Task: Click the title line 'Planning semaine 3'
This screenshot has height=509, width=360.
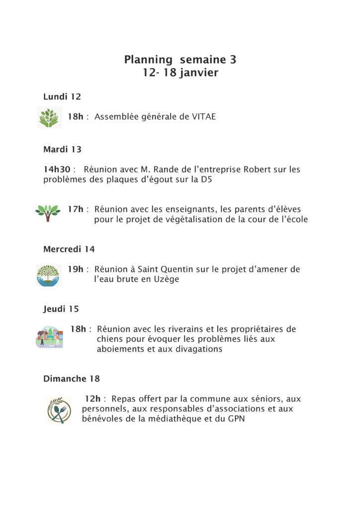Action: tap(180, 60)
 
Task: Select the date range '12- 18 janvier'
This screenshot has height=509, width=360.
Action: tap(180, 73)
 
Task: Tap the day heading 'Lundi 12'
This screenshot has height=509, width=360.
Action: tap(62, 96)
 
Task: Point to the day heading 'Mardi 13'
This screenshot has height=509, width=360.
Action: tap(62, 149)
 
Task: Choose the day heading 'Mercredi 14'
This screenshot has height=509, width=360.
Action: tap(69, 249)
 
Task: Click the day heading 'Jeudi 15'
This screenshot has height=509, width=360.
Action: tap(61, 309)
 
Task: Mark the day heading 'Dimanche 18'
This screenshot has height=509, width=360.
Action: tap(72, 379)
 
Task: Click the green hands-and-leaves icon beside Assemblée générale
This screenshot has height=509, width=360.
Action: tap(48, 118)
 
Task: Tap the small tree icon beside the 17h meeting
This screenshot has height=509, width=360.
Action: tap(48, 213)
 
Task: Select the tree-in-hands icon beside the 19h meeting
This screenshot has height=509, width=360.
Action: tap(49, 275)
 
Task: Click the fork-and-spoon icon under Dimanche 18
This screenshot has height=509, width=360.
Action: tap(59, 410)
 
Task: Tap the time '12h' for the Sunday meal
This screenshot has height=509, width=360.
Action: tap(92, 399)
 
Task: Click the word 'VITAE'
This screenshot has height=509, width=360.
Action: tap(204, 117)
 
